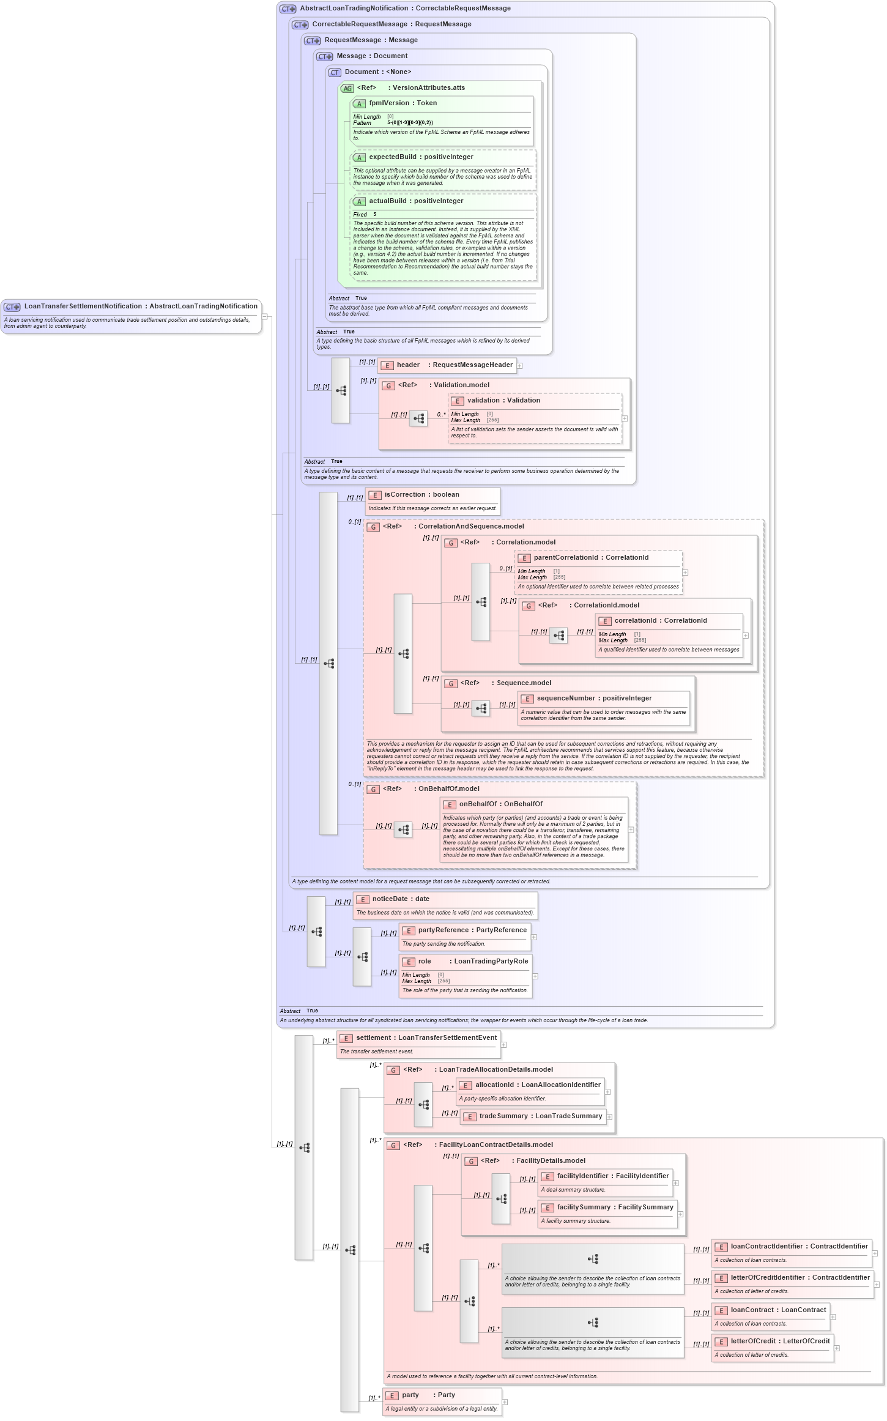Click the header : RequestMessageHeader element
point(454,365)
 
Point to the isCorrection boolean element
point(421,495)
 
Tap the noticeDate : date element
point(400,899)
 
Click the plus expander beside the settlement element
point(503,1045)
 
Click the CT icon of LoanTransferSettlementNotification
point(12,307)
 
